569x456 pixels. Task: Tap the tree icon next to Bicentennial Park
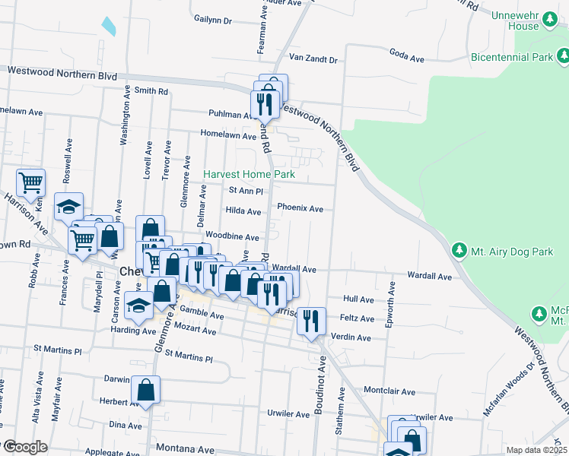563,56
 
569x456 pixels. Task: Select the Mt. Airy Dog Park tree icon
459,249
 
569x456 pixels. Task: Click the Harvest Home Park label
249,175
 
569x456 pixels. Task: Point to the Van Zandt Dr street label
312,58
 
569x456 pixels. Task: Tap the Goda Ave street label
406,55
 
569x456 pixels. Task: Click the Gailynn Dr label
212,20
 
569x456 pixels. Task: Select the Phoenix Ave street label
300,208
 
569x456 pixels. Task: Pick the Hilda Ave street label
243,211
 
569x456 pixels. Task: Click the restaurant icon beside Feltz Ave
312,320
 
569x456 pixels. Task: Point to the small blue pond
108,26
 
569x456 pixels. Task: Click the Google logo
24,447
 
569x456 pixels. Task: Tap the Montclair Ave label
389,392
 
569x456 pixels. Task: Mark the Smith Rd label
151,91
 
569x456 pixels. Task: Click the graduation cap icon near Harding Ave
138,305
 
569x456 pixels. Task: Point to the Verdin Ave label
352,337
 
